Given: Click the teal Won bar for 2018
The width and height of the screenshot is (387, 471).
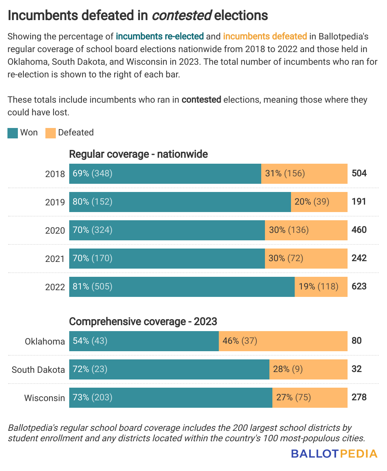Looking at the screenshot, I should coord(165,174).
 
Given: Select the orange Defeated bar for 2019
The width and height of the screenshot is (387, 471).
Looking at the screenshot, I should coord(319,202).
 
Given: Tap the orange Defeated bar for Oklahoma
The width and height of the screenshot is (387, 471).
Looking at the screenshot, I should coord(283,341).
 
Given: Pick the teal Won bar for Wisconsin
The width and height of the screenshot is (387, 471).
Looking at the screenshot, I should coord(170,398).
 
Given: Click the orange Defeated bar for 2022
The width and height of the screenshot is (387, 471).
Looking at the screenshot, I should coord(321,287).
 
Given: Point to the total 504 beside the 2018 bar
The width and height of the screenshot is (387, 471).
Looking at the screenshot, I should coord(359,173).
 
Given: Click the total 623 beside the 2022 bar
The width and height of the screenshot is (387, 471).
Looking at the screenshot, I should coord(359,286).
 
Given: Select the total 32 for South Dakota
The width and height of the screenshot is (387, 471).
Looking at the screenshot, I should coord(356,369).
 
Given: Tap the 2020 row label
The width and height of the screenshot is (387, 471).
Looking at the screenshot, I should coord(55,231).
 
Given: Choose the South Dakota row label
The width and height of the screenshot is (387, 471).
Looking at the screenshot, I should coord(38,370).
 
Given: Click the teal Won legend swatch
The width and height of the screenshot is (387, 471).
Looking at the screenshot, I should coord(13,133).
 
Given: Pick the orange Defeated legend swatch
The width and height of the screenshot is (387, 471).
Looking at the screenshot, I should coord(51,133).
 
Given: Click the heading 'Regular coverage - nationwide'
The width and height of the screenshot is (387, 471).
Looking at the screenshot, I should coord(138,154).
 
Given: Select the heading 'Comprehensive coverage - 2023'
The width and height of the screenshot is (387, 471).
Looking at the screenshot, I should coord(143,321).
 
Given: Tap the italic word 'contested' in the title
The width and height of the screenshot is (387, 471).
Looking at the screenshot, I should coord(182,15).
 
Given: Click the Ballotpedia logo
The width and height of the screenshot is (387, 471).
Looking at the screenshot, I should coord(334,454).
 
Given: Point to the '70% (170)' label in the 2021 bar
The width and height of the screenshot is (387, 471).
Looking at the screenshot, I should coord(93,258).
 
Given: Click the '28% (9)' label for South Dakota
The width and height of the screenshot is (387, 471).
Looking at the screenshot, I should coord(288,369).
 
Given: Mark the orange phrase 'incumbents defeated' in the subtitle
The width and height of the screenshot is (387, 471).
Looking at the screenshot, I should coord(265,36).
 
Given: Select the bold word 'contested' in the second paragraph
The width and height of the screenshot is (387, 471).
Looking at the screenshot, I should coord(201,100).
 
